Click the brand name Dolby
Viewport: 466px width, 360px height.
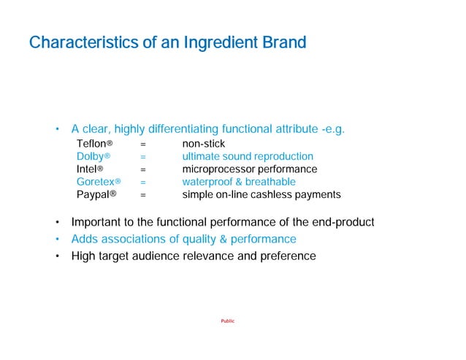pyautogui.click(x=91, y=156)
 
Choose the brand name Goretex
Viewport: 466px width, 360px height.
pyautogui.click(x=96, y=182)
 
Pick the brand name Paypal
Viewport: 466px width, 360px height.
pyautogui.click(x=93, y=194)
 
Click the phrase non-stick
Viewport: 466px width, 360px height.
pyautogui.click(x=204, y=144)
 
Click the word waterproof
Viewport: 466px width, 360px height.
pyautogui.click(x=207, y=182)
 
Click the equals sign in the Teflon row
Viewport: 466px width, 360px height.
pyautogui.click(x=144, y=144)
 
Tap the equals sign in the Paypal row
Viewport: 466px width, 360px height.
pyautogui.click(x=144, y=194)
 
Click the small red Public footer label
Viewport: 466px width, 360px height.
pyautogui.click(x=228, y=322)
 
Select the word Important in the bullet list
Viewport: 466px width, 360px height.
pyautogui.click(x=97, y=222)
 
